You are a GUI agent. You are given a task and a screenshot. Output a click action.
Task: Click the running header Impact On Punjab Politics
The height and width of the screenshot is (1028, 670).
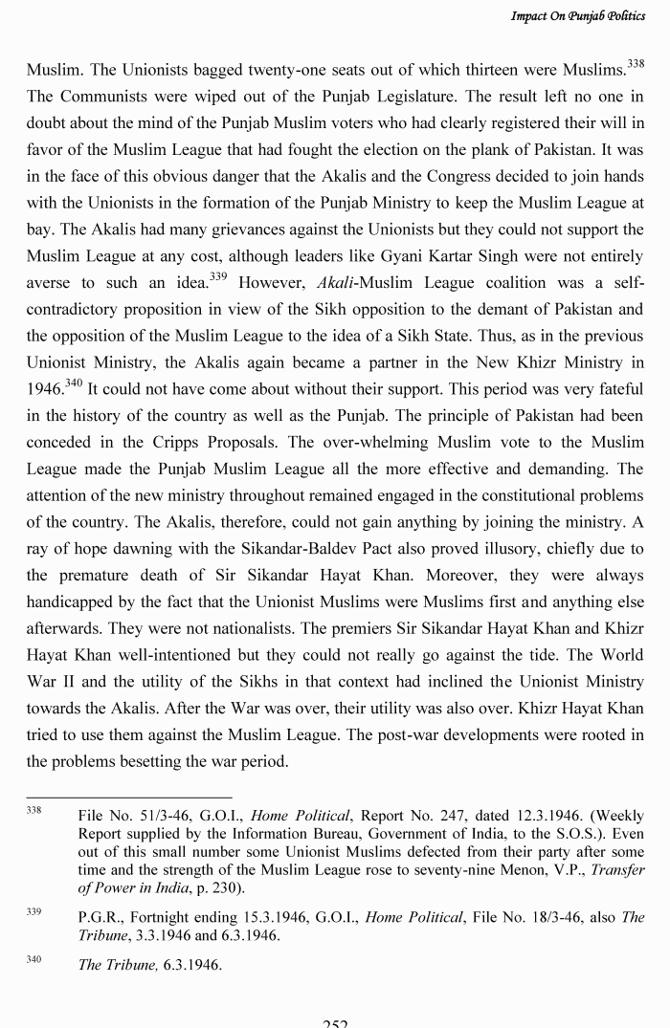tap(577, 16)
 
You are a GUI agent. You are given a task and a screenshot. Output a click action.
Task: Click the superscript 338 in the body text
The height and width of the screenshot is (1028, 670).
tap(635, 63)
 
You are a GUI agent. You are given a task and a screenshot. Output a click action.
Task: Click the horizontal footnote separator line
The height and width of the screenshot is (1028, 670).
tap(129, 797)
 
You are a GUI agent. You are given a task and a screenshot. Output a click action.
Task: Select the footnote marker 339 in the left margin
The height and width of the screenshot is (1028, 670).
tap(34, 912)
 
